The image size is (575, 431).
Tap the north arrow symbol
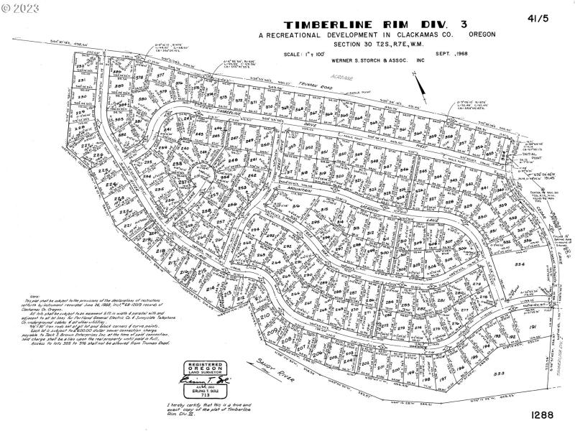(421, 84)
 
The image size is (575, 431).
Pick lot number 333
(498, 374)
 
